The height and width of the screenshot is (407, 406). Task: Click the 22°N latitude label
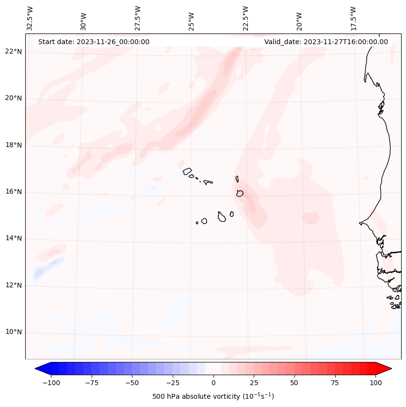click(x=14, y=52)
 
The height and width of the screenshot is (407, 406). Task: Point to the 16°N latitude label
click(x=14, y=192)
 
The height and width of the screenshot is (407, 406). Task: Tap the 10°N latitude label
click(x=14, y=332)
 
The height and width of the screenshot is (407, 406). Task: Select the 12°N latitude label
click(x=14, y=285)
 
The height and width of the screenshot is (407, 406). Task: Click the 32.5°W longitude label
click(x=30, y=18)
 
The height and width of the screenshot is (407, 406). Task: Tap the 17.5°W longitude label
click(x=354, y=18)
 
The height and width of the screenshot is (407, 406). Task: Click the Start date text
click(x=94, y=42)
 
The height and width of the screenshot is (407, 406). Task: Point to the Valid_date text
click(x=326, y=42)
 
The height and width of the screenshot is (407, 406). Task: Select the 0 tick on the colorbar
click(x=213, y=383)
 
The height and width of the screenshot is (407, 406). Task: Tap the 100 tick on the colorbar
click(x=375, y=383)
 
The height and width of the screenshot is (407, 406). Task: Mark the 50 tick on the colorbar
click(x=294, y=383)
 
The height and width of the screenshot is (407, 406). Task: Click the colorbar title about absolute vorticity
click(x=213, y=396)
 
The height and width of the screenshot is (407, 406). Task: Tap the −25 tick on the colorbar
click(x=173, y=383)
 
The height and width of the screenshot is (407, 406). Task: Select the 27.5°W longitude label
click(x=138, y=18)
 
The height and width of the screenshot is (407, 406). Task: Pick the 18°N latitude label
click(x=14, y=146)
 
